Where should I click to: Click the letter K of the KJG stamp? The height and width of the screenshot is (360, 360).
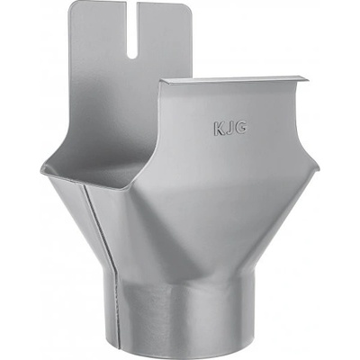(x=220, y=129)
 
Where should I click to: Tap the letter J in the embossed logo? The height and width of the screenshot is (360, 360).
(x=229, y=128)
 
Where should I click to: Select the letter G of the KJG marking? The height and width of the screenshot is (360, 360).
(x=240, y=127)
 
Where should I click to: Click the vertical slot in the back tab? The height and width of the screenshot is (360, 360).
(x=132, y=30)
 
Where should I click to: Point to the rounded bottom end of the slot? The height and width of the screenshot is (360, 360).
(x=132, y=56)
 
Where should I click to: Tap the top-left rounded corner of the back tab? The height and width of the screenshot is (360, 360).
(x=72, y=5)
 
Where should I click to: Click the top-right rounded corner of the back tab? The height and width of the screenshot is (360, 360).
(x=188, y=8)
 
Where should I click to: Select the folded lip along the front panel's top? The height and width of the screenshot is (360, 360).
(x=234, y=80)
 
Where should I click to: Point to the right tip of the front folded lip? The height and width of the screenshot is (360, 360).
(x=308, y=80)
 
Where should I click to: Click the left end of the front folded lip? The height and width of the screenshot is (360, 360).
(x=161, y=81)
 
